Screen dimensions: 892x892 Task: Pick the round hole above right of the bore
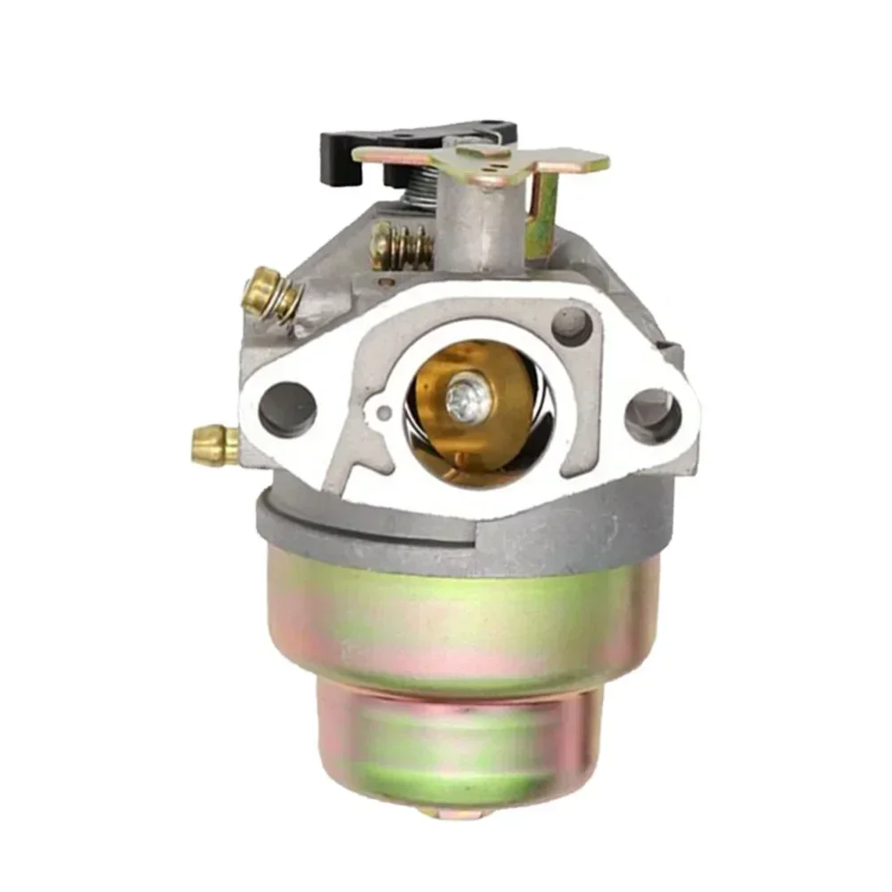pyautogui.click(x=572, y=326)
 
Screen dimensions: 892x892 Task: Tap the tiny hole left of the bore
pyautogui.click(x=384, y=411)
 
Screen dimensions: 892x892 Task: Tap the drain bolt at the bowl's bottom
pyautogui.click(x=455, y=813)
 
